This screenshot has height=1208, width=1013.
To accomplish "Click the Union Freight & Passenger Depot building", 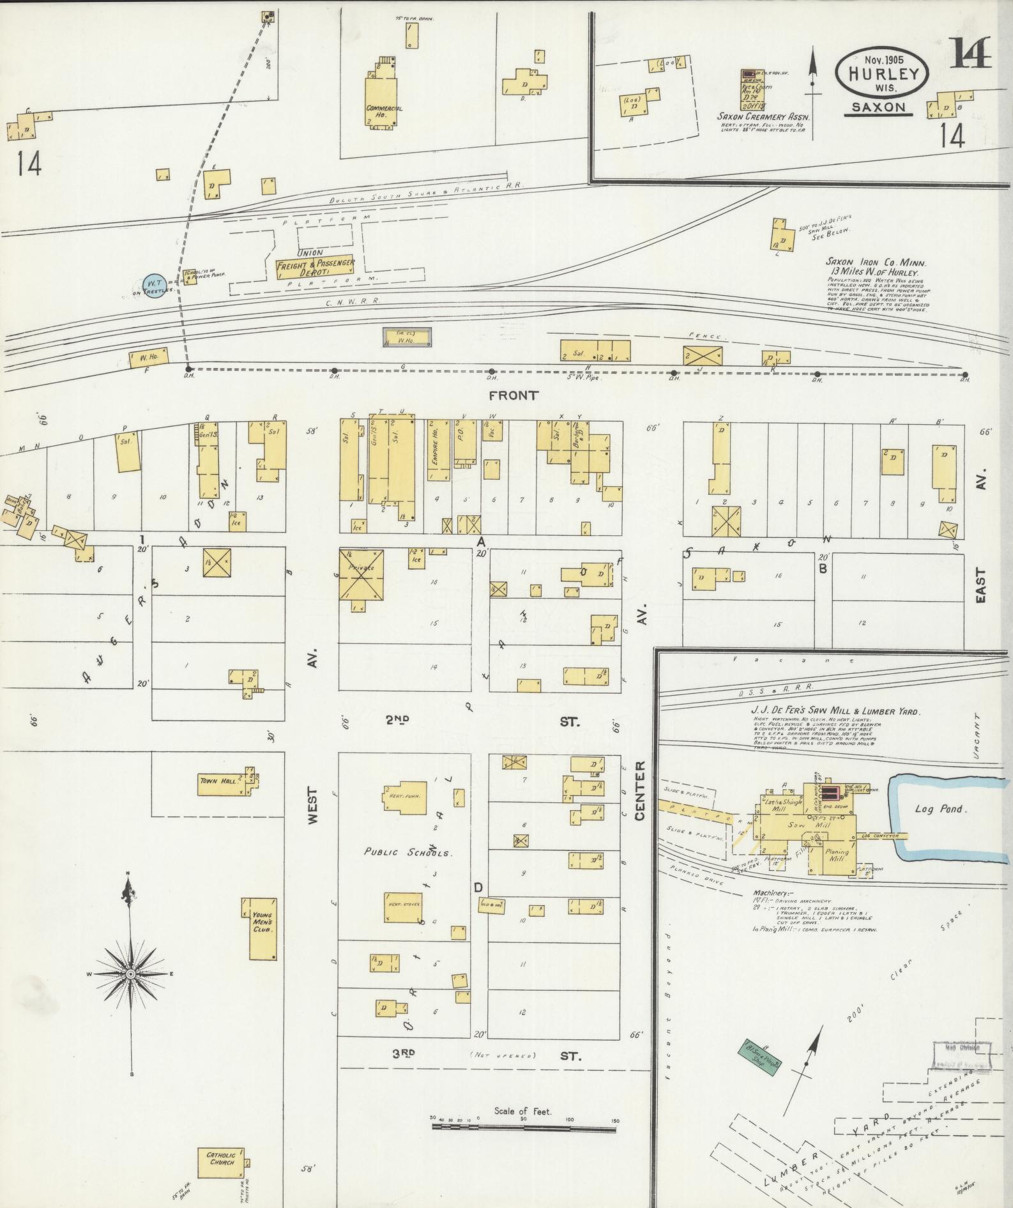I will pyautogui.click(x=315, y=267).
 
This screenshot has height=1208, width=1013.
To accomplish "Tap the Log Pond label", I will pyautogui.click(x=941, y=809).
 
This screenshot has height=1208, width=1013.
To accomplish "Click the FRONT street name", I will pyautogui.click(x=514, y=395).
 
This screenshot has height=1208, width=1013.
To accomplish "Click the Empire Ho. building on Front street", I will pyautogui.click(x=438, y=449).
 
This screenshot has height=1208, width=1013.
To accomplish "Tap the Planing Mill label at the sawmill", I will pyautogui.click(x=837, y=855).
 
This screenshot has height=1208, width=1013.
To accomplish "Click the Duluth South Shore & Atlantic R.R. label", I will pyautogui.click(x=425, y=192).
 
